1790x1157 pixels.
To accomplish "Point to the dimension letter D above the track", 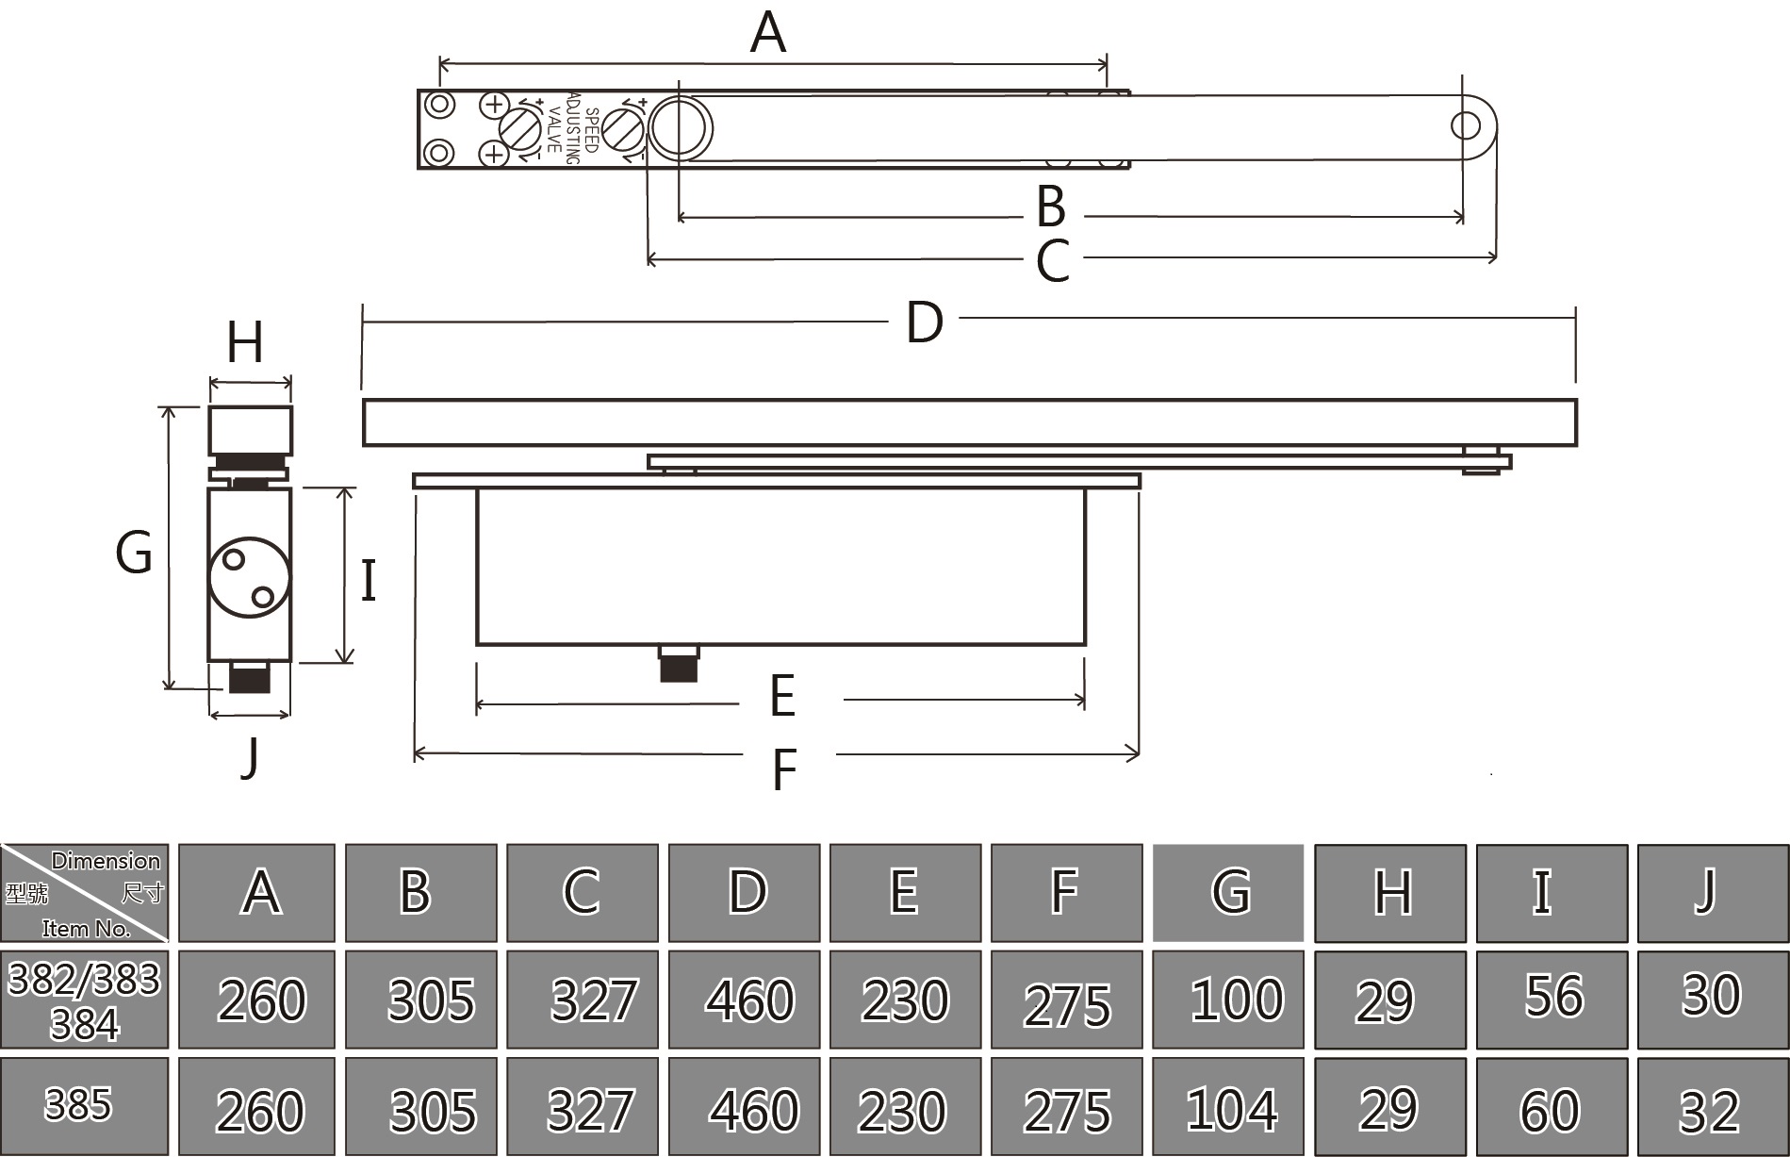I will (924, 322).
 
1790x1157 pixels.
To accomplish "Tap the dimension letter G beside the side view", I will (134, 553).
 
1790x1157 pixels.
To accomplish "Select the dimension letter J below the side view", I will (250, 756).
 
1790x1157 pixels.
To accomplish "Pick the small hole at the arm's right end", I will (1466, 125).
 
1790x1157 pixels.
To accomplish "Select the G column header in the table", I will (1228, 892).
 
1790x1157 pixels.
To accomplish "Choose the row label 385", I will (78, 1105).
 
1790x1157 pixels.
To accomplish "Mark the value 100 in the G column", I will (1236, 1000).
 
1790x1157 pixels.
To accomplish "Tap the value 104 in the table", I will (1232, 1109).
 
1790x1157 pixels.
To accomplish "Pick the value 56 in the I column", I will (1553, 996).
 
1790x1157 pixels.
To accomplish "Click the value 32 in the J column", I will (1709, 1111).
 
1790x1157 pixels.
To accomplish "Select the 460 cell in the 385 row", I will (754, 1110).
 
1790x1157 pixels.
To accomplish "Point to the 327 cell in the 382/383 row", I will (594, 1000).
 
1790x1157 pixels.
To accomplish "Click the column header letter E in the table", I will (903, 892).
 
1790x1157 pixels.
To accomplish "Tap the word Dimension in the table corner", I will (106, 861).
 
